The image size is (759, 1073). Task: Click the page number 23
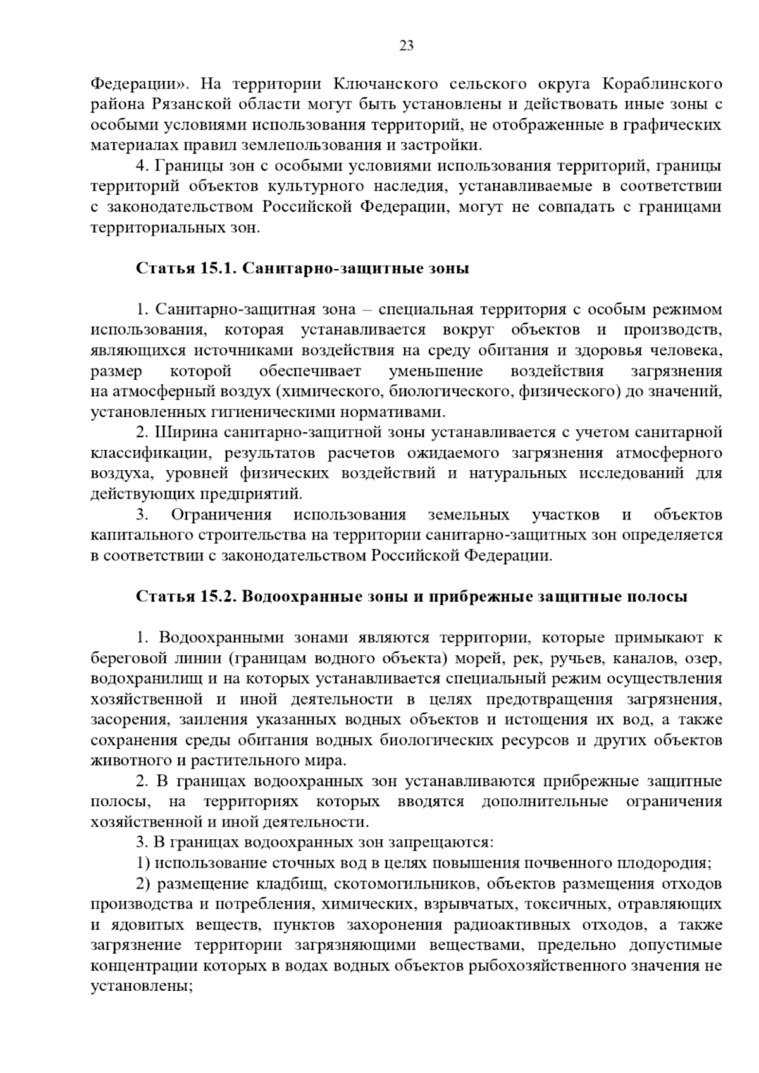point(407,45)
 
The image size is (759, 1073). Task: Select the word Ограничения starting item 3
point(221,515)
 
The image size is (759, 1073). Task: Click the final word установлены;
point(142,986)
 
